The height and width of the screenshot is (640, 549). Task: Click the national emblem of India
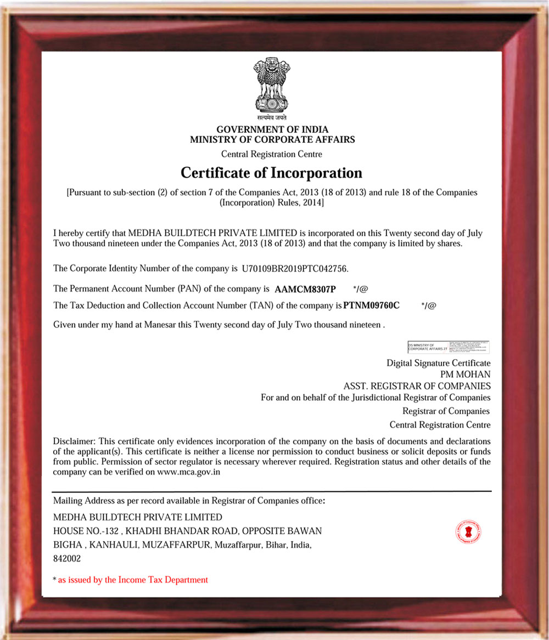[271, 88]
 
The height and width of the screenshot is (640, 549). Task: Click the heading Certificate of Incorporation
[271, 173]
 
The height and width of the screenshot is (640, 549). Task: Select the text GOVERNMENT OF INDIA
[272, 130]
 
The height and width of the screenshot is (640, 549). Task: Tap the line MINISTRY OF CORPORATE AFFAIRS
[272, 139]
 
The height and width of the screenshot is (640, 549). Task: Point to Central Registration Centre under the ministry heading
[271, 154]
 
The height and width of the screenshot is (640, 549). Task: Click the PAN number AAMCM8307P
[305, 288]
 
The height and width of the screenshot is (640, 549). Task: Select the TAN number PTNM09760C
[371, 305]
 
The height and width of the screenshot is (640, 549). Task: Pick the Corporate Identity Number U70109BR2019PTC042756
[294, 269]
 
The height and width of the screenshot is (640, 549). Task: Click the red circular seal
[468, 531]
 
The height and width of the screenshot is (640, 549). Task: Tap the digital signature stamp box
[449, 347]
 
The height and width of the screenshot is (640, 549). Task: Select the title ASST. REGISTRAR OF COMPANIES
[417, 386]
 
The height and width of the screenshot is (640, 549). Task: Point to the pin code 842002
[67, 559]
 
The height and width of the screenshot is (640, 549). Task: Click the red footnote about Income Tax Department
[133, 580]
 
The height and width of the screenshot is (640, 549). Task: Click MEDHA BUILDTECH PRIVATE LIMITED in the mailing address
[137, 517]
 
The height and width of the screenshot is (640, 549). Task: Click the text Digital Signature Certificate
[438, 363]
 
